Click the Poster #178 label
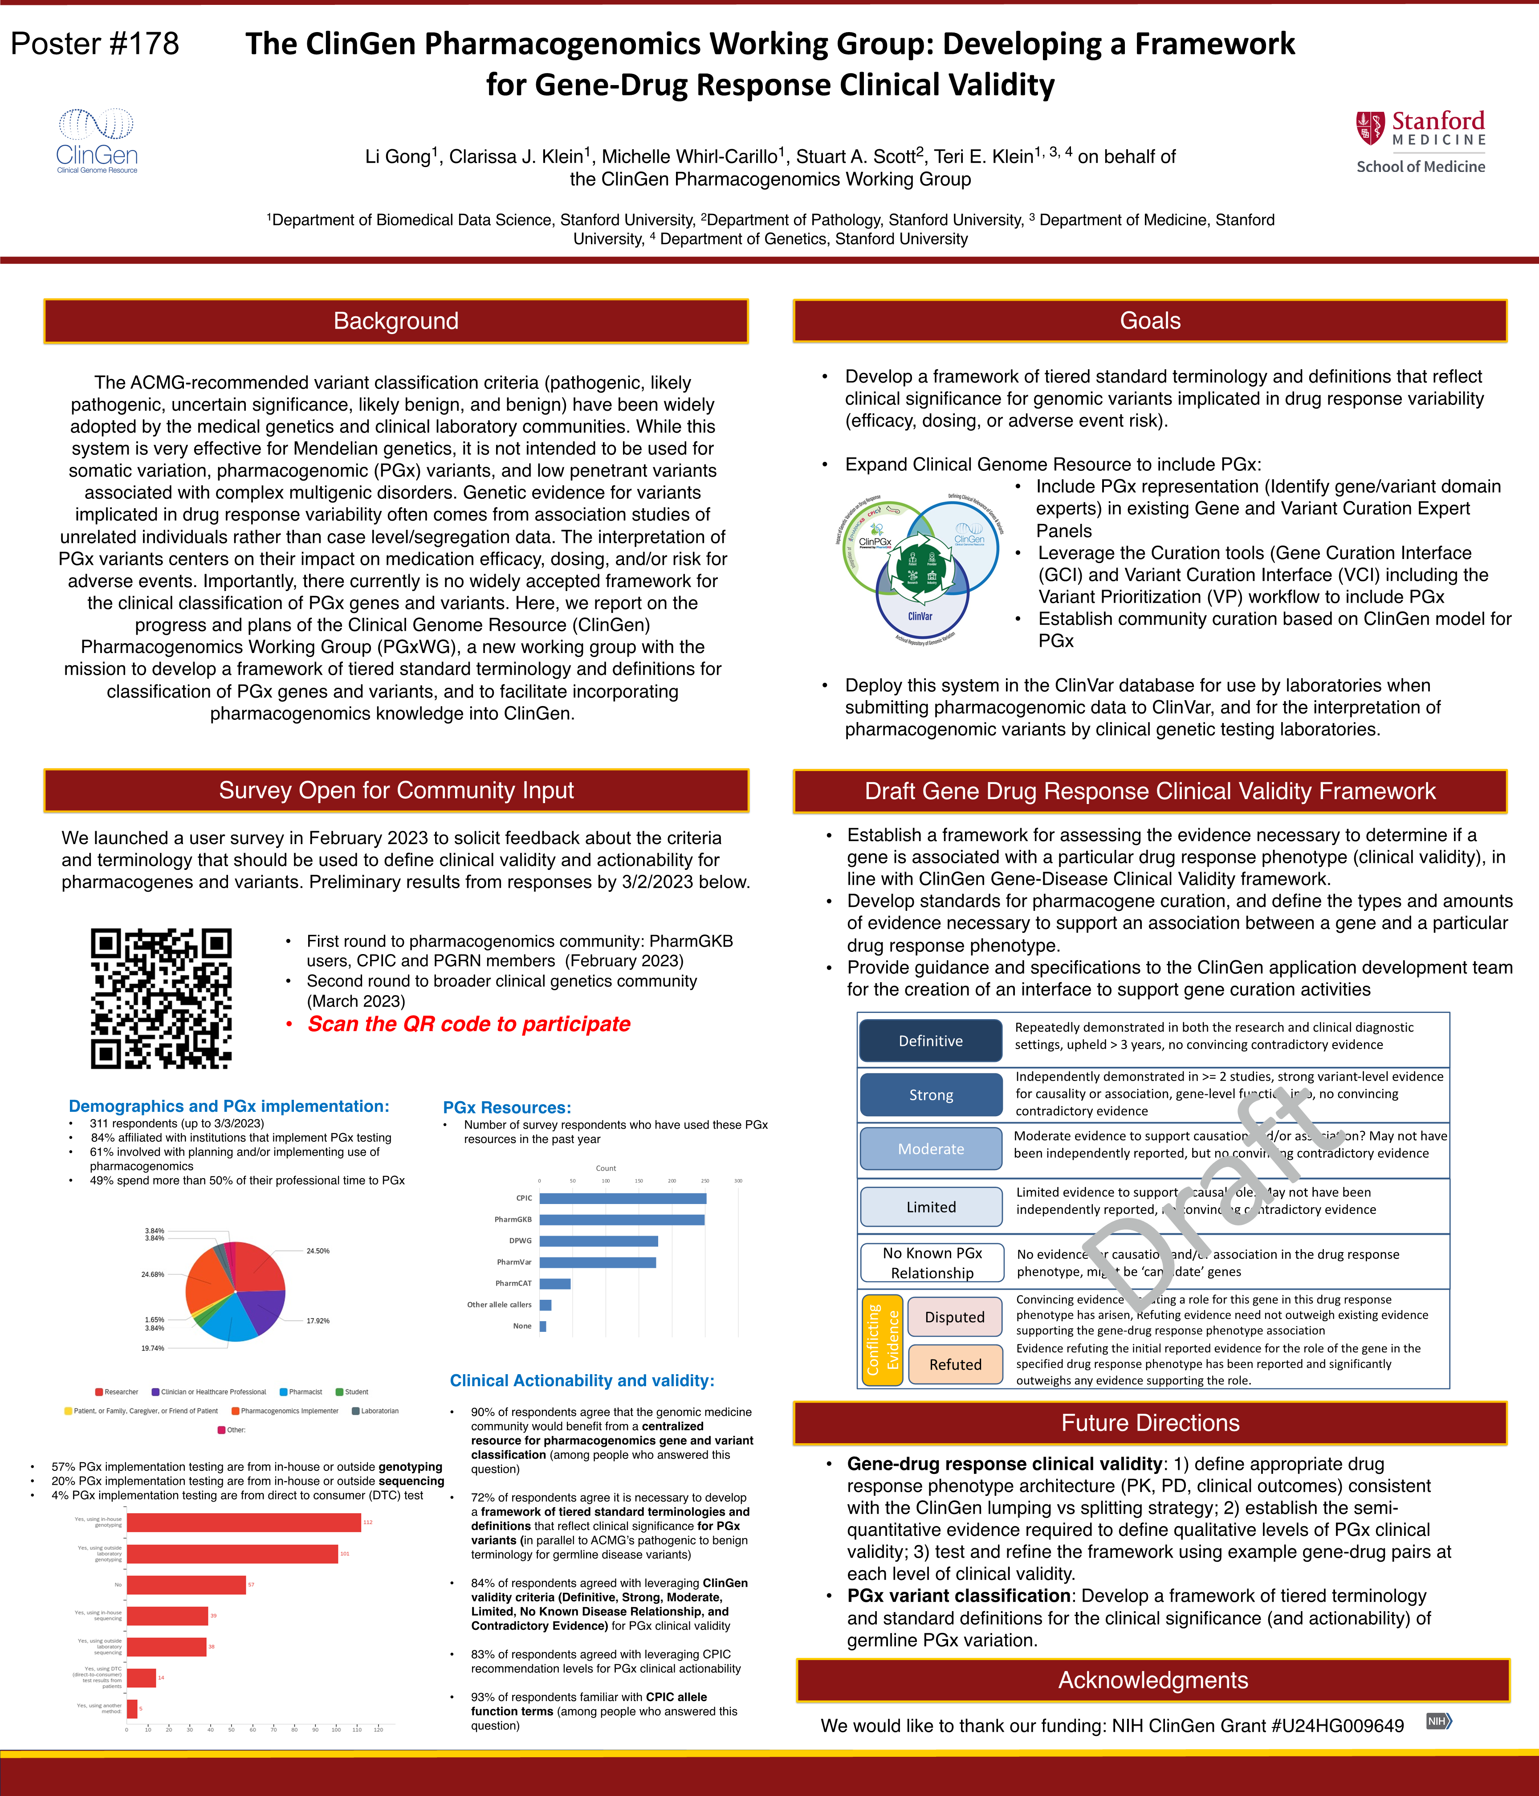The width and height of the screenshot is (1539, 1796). tap(95, 43)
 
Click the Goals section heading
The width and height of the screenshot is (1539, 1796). tap(1150, 321)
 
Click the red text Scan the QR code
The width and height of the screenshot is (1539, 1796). tap(469, 1024)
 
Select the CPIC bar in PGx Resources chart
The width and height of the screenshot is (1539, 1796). tap(622, 1198)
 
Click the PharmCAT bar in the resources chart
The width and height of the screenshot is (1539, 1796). tap(554, 1283)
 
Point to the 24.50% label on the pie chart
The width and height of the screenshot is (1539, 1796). tap(317, 1251)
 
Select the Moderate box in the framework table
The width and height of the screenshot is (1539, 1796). tap(931, 1148)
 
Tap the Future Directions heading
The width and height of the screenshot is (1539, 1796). tap(1150, 1422)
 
